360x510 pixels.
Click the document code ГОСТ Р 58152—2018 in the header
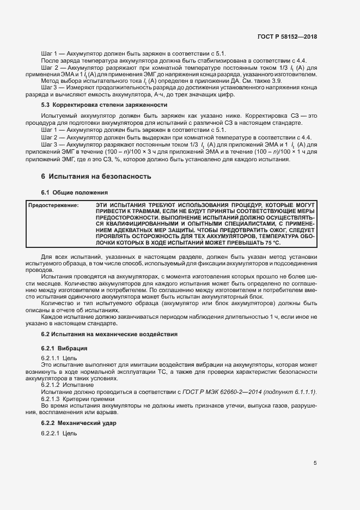pyautogui.click(x=286, y=37)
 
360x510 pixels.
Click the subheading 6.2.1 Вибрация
pyautogui.click(x=64, y=348)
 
